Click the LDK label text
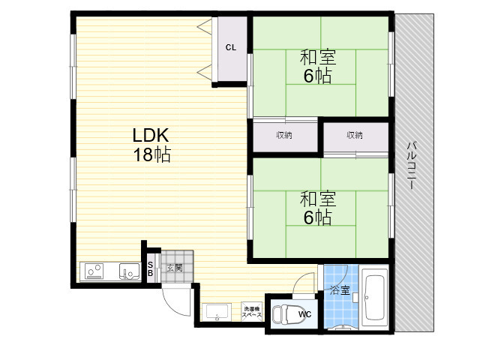(x=151, y=135)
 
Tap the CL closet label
(x=231, y=47)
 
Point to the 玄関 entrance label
(x=175, y=268)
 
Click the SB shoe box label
(x=150, y=268)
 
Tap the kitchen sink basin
(x=129, y=271)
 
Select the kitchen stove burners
(x=94, y=271)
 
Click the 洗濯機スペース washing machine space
(x=252, y=312)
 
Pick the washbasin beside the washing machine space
(x=217, y=311)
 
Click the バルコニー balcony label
(x=411, y=165)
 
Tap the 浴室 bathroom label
(x=340, y=290)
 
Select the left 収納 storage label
(x=284, y=135)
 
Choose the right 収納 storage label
(x=355, y=135)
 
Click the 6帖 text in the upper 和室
(x=317, y=76)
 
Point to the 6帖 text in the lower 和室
(x=317, y=217)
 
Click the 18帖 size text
(x=151, y=154)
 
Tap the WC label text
(x=305, y=314)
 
